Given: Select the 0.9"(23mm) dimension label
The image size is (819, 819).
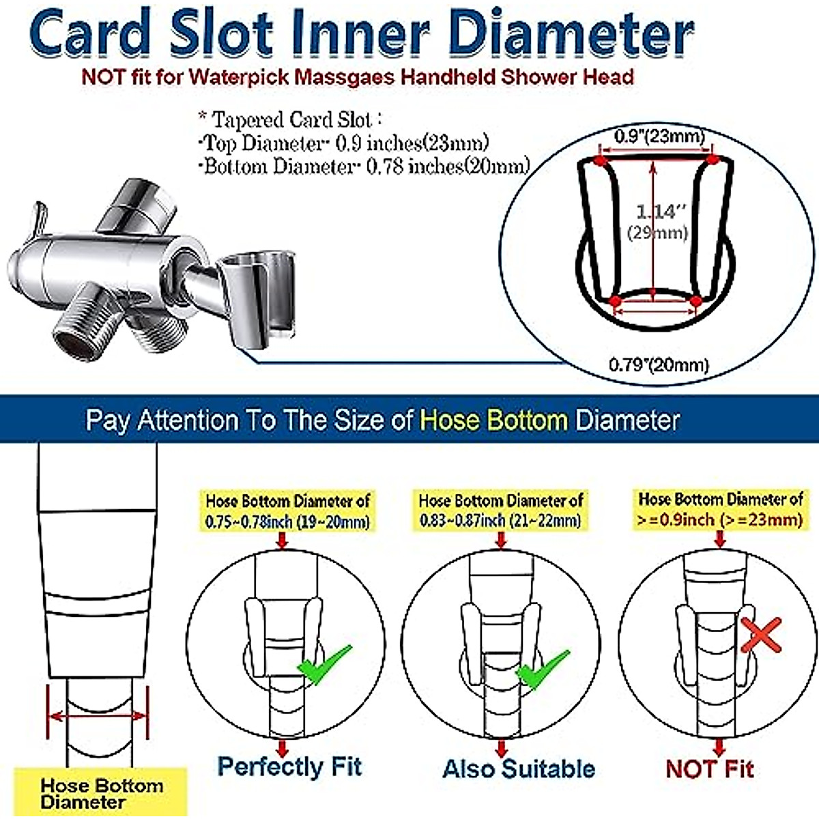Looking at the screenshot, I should click(x=658, y=136).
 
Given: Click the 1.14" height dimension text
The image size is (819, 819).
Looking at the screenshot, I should click(x=656, y=212).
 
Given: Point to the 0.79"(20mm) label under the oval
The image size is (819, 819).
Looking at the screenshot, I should click(x=659, y=364).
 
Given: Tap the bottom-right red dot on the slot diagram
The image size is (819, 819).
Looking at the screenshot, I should click(x=695, y=300).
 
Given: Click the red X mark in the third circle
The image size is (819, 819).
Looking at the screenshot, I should click(x=760, y=637).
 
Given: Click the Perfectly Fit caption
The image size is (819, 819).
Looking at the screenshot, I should click(x=289, y=766).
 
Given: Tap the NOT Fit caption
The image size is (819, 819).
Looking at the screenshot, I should click(x=710, y=769).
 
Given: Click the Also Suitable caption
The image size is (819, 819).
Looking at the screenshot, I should click(x=519, y=768).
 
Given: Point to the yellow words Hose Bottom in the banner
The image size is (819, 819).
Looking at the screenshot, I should click(x=493, y=420).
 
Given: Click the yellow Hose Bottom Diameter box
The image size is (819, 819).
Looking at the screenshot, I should click(x=101, y=793).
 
